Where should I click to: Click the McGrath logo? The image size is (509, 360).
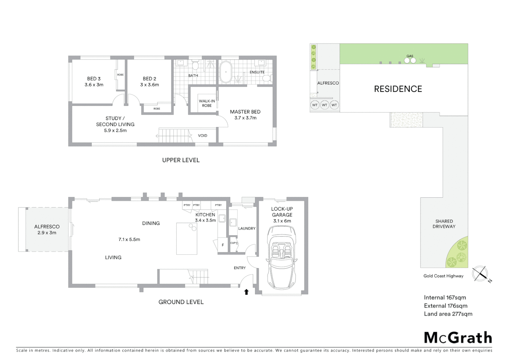pos(458,338)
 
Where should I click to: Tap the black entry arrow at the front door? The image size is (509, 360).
pos(247,292)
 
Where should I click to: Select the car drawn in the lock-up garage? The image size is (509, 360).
pos(281,257)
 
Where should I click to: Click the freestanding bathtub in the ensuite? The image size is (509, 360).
pos(226,72)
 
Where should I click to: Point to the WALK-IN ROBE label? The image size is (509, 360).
pos(207,103)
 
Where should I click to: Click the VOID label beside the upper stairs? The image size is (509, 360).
pos(203,136)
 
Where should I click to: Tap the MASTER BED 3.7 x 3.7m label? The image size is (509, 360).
pos(245,115)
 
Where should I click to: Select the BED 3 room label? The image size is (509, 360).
pos(94,82)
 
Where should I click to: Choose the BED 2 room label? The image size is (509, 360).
pos(150,82)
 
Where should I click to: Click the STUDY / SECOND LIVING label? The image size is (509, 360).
pos(115,124)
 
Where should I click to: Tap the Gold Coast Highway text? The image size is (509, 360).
pos(443,276)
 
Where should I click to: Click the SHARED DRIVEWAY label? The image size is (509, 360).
pos(444,224)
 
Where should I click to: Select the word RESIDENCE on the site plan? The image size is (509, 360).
pos(398,89)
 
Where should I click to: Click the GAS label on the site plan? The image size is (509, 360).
pos(410,56)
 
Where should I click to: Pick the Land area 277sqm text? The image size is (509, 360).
pos(448,314)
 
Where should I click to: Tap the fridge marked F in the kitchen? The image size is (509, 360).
pos(223,245)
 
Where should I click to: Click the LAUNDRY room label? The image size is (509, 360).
pos(247,229)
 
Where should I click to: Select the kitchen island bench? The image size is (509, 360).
pos(187,239)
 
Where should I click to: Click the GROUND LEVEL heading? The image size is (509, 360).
pos(181,302)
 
